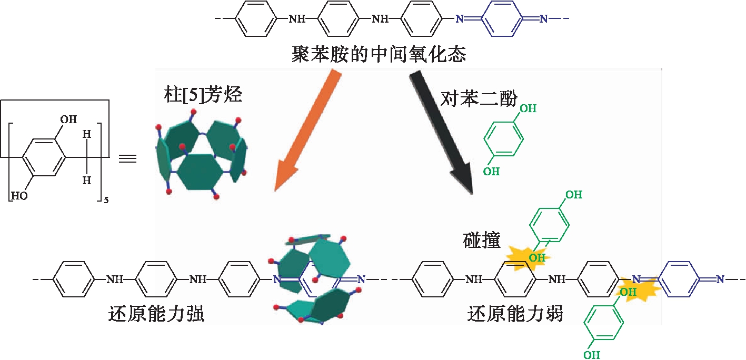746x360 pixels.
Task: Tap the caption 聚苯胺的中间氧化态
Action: [x=379, y=54]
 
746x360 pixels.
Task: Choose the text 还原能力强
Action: [x=156, y=314]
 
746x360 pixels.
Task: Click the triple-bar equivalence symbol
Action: [x=128, y=157]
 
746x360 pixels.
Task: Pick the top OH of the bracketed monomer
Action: [x=68, y=120]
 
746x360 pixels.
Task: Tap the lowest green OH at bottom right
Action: [x=592, y=354]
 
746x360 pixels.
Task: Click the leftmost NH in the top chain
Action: [x=297, y=19]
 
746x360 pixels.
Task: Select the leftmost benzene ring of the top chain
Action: [x=255, y=19]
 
